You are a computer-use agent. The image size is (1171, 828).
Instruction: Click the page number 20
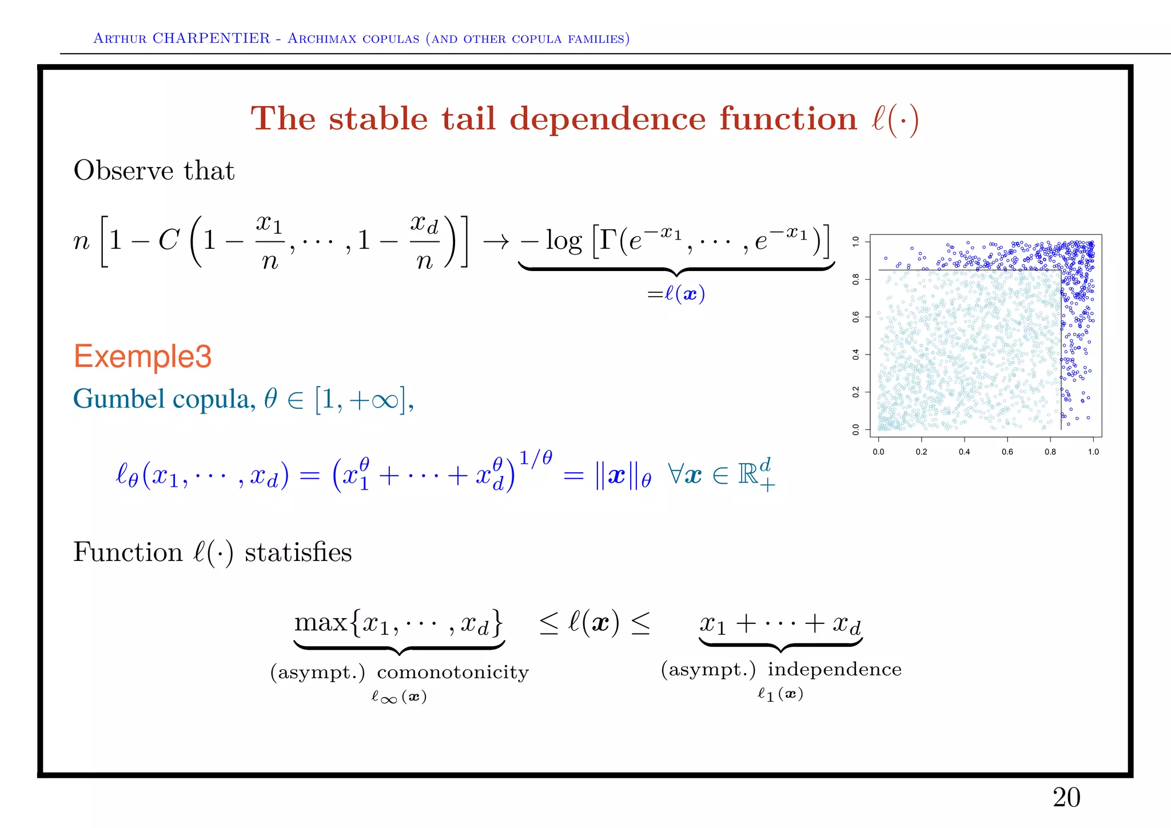click(1066, 797)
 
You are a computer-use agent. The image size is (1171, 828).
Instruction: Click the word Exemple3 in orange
click(142, 356)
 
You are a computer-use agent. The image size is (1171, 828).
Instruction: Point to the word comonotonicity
click(453, 672)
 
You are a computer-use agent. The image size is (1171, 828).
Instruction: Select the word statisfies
click(298, 552)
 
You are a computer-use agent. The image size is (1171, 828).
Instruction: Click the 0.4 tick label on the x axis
click(964, 452)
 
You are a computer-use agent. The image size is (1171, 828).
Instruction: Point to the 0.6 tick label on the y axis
click(856, 317)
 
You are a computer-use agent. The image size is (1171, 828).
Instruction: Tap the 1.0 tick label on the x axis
click(1093, 452)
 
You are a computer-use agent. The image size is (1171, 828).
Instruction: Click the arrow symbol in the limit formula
click(496, 241)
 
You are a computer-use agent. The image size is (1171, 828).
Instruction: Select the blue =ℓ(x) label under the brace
click(676, 294)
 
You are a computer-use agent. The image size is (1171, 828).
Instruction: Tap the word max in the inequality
click(320, 622)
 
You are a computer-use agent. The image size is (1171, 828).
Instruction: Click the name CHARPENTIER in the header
click(211, 38)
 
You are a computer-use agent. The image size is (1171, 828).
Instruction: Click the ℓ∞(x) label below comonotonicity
click(399, 696)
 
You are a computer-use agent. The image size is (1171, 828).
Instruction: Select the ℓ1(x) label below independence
click(780, 694)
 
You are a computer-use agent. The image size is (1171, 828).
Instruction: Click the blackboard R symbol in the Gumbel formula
click(748, 474)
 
